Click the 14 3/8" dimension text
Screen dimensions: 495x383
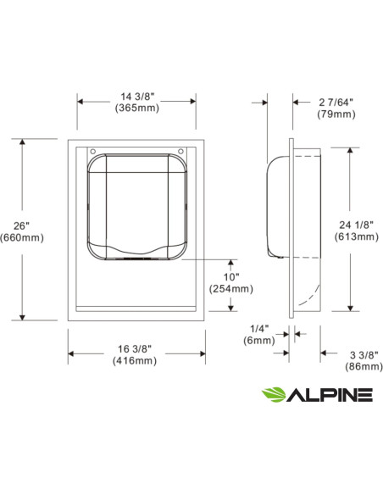[138, 96]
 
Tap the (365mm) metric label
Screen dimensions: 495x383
[138, 108]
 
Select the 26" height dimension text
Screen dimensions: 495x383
[22, 225]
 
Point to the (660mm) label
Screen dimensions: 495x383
[23, 237]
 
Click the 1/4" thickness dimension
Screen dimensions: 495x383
[258, 328]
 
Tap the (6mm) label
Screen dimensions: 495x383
[258, 340]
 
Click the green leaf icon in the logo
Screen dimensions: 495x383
[273, 394]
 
